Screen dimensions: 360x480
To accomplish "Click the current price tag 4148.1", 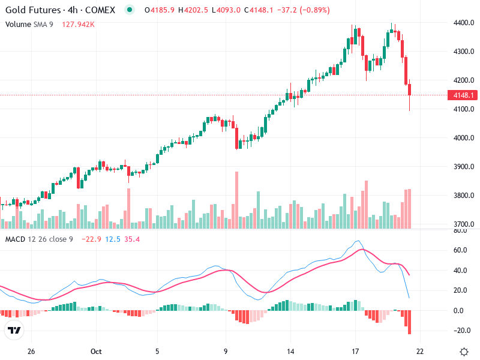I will (x=464, y=95).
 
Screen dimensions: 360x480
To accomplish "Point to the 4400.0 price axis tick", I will (x=463, y=23).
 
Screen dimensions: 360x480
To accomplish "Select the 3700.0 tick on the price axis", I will (x=463, y=224).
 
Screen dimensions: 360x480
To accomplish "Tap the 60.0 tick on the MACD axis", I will (x=460, y=250).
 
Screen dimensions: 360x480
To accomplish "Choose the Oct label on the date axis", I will (x=97, y=352).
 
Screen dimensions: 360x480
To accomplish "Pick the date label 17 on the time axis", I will (x=355, y=352).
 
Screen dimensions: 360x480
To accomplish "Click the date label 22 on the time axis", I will (x=420, y=352).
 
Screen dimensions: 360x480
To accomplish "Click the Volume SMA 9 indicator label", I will (x=31, y=24).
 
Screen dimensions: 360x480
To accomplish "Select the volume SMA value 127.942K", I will (x=78, y=24).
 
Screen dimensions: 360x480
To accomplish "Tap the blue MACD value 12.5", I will (x=112, y=239).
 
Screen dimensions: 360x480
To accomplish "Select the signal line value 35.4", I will (x=132, y=239).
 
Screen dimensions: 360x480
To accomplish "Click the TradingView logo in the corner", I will (x=14, y=331).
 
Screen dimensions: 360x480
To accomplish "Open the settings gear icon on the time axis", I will (x=464, y=352).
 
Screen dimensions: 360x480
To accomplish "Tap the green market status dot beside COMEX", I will (x=130, y=10).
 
